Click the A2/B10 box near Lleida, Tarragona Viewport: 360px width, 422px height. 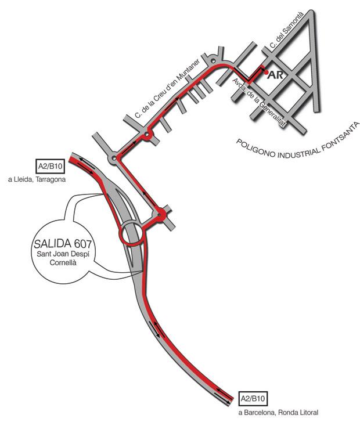[x=51, y=165]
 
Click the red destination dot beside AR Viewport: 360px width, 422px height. [x=265, y=73]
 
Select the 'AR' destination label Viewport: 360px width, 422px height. [x=275, y=75]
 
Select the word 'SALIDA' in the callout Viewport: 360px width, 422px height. [x=51, y=243]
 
